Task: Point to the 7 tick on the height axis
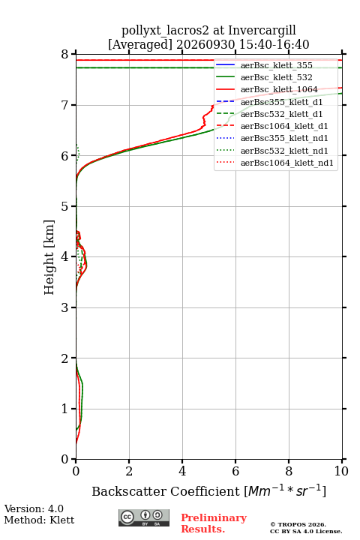click(73, 105)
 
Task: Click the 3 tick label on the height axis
click(64, 307)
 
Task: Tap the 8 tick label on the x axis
click(289, 471)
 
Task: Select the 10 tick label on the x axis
click(341, 471)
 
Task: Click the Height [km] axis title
click(49, 257)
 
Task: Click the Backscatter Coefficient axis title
click(208, 490)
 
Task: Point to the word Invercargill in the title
click(262, 30)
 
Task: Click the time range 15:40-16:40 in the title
click(272, 44)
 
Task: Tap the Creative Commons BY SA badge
click(144, 517)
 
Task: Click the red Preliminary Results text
click(214, 523)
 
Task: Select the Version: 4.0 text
click(34, 508)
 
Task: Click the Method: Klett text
click(39, 520)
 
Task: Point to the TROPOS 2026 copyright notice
click(298, 524)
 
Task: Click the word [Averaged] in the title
click(139, 44)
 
